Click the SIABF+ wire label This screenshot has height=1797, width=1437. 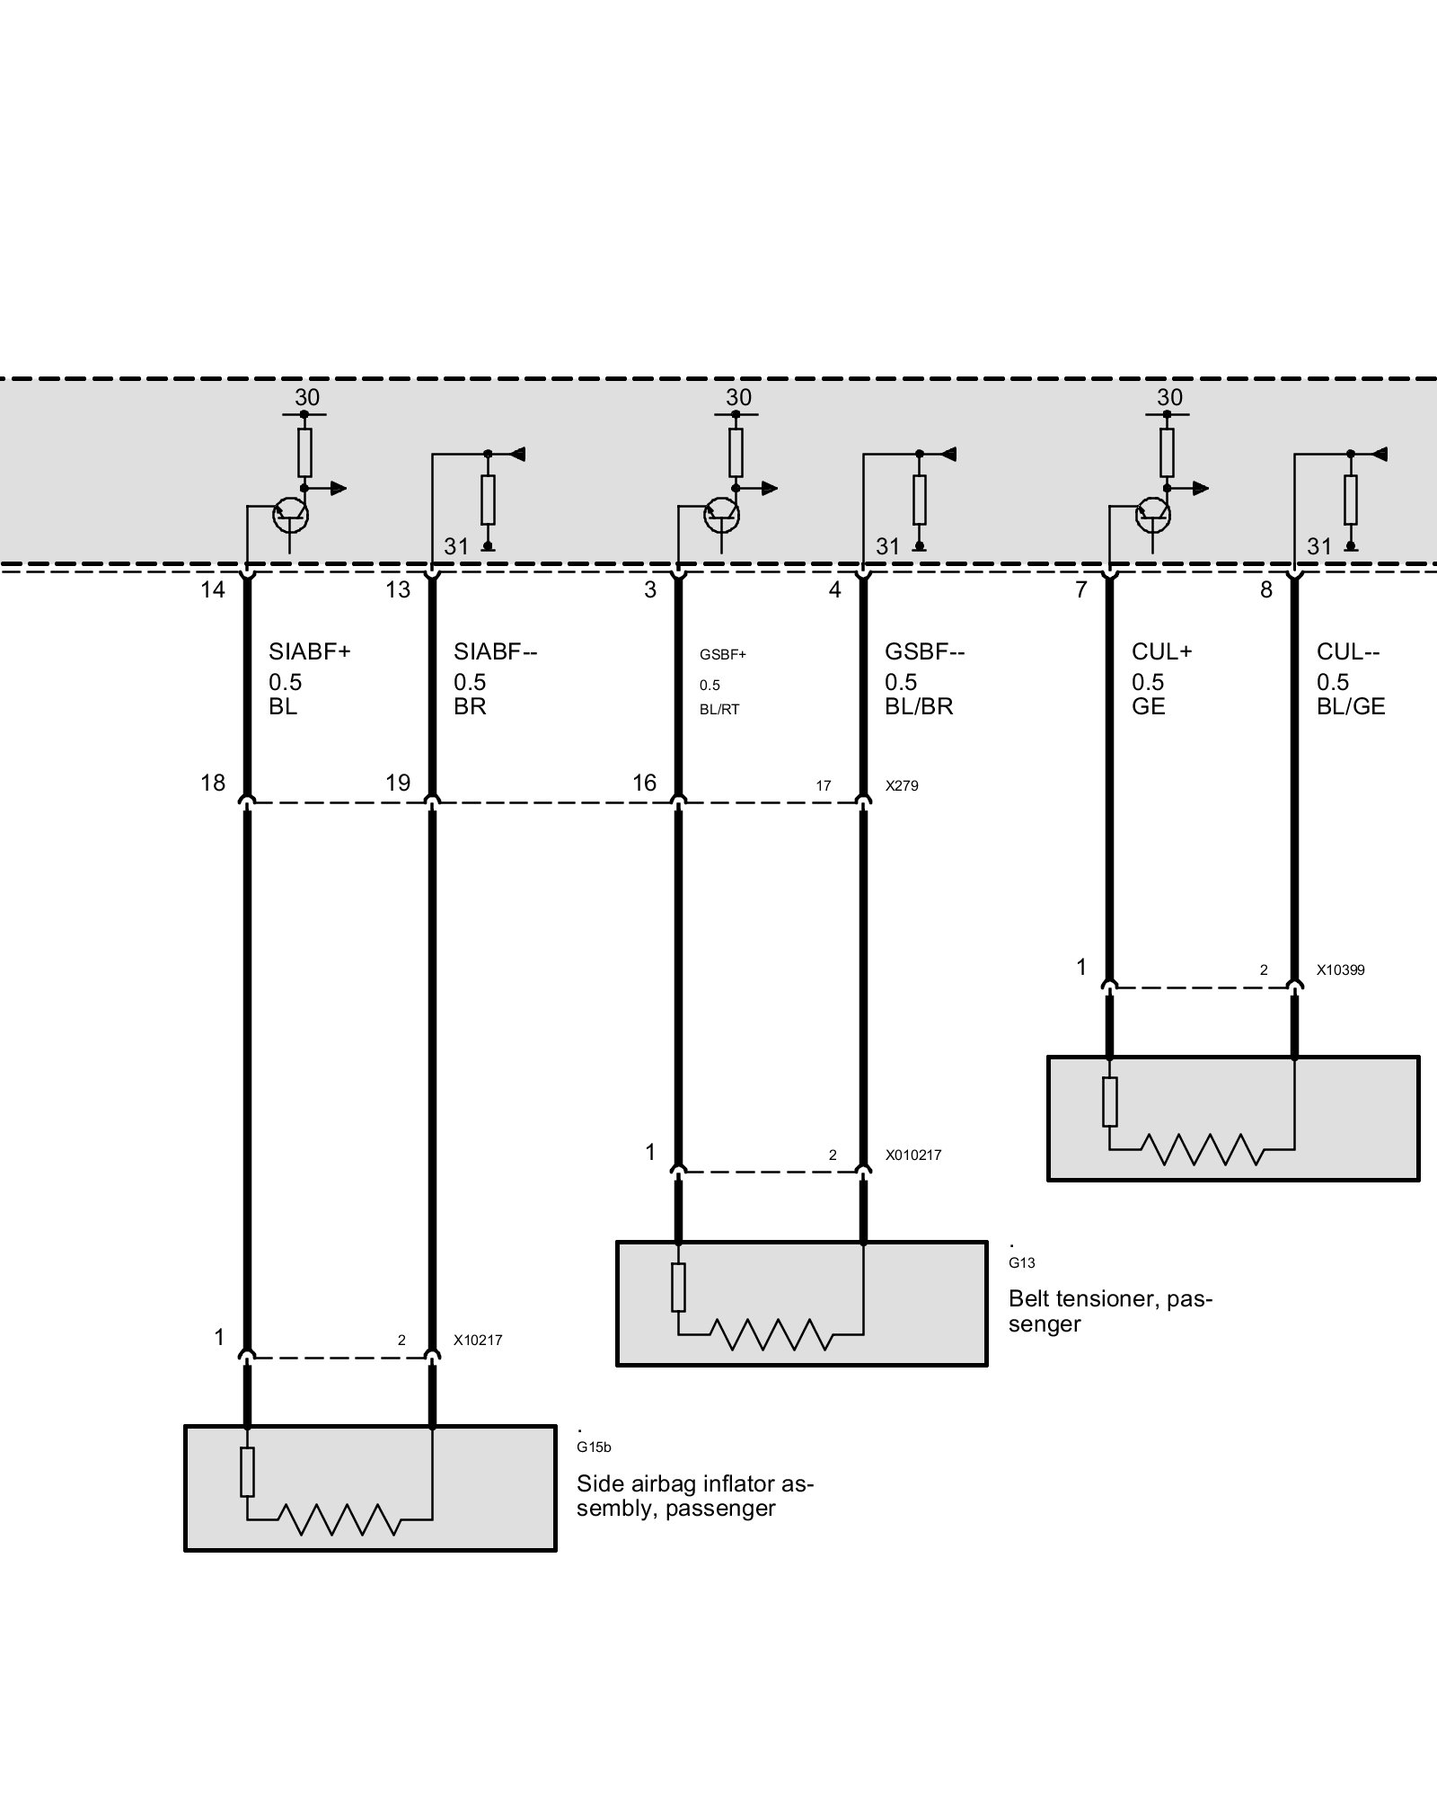click(309, 651)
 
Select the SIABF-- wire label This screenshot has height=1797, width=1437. click(495, 651)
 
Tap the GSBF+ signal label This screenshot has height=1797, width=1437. click(723, 654)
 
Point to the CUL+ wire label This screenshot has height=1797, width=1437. click(1161, 651)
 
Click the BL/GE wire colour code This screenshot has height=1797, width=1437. click(1351, 707)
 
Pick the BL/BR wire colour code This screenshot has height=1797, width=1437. click(919, 707)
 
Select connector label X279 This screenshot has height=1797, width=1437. click(902, 785)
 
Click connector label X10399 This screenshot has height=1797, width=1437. click(1340, 970)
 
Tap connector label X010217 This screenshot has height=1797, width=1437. click(913, 1155)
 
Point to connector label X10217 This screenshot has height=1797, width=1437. click(478, 1341)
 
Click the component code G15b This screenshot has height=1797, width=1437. click(594, 1447)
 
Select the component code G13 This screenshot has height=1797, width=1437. click(1022, 1262)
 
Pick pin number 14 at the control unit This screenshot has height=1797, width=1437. click(213, 589)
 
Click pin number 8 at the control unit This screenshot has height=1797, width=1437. click(1266, 589)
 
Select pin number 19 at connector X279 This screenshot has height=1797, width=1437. click(398, 783)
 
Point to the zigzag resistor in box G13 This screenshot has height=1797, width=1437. click(771, 1334)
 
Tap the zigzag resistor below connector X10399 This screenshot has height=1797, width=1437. click(1202, 1149)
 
